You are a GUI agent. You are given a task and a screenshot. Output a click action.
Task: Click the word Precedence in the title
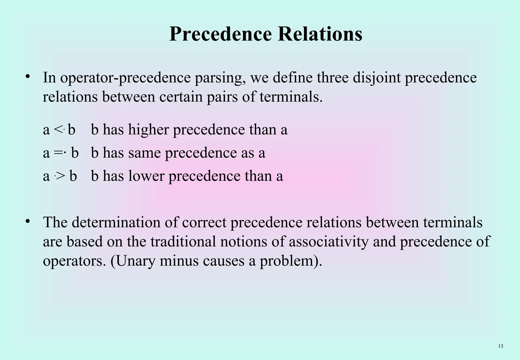220,34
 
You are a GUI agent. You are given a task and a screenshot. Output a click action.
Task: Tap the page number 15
501,346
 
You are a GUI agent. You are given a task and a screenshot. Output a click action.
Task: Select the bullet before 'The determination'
28,221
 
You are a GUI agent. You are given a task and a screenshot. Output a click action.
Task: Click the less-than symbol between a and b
58,130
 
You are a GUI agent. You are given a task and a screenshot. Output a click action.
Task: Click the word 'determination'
116,222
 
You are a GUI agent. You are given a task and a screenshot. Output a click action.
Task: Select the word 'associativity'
329,241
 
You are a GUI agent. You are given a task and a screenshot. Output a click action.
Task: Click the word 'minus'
179,261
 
